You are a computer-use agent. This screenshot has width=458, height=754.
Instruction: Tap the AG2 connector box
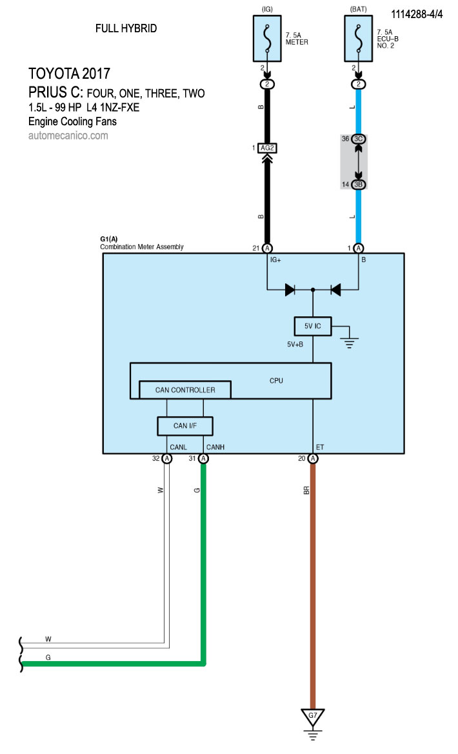[x=267, y=148]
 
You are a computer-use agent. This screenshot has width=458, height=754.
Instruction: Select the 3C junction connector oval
[x=359, y=139]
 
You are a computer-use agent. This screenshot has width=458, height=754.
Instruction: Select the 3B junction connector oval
[x=359, y=185]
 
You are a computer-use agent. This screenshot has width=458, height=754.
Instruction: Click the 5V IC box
[x=312, y=327]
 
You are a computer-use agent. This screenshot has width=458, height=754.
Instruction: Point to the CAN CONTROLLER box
[x=184, y=389]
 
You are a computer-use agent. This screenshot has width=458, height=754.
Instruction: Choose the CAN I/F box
[x=184, y=425]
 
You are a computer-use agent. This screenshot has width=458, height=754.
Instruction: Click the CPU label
[x=276, y=381]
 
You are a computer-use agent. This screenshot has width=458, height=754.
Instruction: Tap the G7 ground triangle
[x=313, y=716]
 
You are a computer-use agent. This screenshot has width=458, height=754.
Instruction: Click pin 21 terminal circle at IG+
[x=267, y=248]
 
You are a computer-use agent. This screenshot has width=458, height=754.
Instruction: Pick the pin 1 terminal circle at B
[x=359, y=248]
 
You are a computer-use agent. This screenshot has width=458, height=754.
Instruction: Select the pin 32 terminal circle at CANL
[x=167, y=458]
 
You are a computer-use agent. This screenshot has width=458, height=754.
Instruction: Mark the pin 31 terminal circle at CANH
[x=204, y=458]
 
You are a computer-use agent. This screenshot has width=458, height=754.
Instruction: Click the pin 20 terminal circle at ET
[x=313, y=458]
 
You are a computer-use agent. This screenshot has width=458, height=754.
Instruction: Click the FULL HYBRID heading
[x=126, y=28]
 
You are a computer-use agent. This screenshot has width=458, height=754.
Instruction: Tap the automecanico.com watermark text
[x=68, y=136]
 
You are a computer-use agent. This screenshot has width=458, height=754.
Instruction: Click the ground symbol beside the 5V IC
[x=350, y=339]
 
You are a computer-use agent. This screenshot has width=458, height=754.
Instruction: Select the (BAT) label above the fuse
[x=359, y=9]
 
